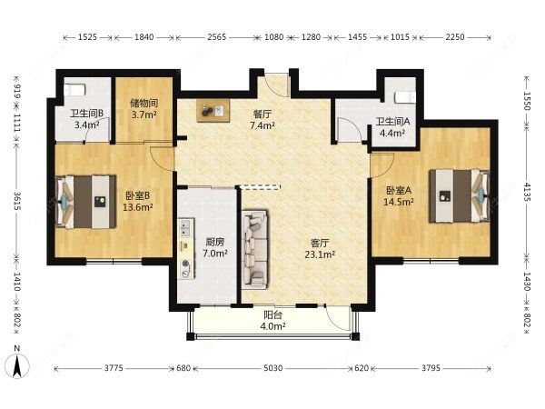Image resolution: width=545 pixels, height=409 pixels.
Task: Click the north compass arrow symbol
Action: [x=17, y=366]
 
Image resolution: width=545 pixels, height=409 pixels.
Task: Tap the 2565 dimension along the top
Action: [x=217, y=37]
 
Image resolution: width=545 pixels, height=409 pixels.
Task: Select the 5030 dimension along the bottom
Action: [x=272, y=367]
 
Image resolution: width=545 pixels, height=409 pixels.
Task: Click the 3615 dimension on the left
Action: [x=17, y=200]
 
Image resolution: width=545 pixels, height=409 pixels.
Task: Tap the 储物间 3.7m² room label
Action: [x=144, y=108]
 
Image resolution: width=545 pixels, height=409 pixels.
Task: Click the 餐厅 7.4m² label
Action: [x=263, y=120]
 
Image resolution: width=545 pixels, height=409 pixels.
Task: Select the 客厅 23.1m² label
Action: [x=320, y=249]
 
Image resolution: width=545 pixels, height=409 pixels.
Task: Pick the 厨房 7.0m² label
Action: [x=214, y=247]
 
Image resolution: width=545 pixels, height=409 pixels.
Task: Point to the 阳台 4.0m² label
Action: [x=272, y=321]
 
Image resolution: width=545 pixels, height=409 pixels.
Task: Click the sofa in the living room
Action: [x=255, y=249]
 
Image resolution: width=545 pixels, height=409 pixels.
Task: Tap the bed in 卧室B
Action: [x=85, y=202]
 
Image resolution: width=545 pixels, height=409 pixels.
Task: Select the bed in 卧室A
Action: [x=460, y=195]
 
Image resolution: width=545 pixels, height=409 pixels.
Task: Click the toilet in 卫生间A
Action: [x=405, y=97]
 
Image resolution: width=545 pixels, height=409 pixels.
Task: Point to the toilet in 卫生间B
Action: [x=75, y=90]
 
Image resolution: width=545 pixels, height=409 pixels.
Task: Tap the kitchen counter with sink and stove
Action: [x=186, y=248]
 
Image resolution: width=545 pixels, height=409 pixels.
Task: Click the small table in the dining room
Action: [x=213, y=111]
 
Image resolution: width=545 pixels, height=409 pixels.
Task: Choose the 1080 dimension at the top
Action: [x=274, y=37]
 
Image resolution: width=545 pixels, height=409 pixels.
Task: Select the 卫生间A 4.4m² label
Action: [x=392, y=127]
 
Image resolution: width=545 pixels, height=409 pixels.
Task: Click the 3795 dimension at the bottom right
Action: [x=431, y=367]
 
